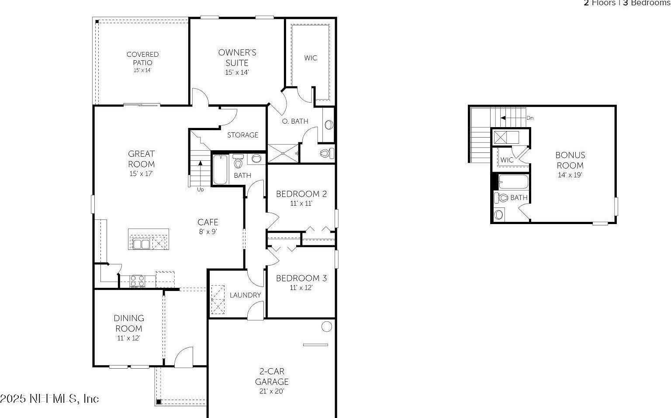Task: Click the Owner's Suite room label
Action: (x=237, y=58)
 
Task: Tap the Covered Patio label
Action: (x=142, y=59)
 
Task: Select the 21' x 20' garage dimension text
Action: (x=271, y=391)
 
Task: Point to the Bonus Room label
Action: (x=570, y=160)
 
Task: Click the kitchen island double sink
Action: (x=141, y=244)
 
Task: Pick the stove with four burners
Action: (x=138, y=281)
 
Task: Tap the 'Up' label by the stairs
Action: (x=201, y=190)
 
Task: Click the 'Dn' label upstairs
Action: (x=530, y=118)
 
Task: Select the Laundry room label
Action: (x=246, y=295)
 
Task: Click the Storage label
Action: (x=242, y=135)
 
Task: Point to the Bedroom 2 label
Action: (x=301, y=194)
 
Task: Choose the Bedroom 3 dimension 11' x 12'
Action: (x=301, y=288)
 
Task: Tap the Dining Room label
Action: (x=129, y=323)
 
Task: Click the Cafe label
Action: (x=208, y=222)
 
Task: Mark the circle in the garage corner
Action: (x=326, y=326)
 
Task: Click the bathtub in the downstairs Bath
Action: (x=220, y=169)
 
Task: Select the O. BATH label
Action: (x=295, y=121)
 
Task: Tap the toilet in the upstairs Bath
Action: (x=502, y=197)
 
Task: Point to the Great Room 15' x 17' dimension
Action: (x=141, y=174)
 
